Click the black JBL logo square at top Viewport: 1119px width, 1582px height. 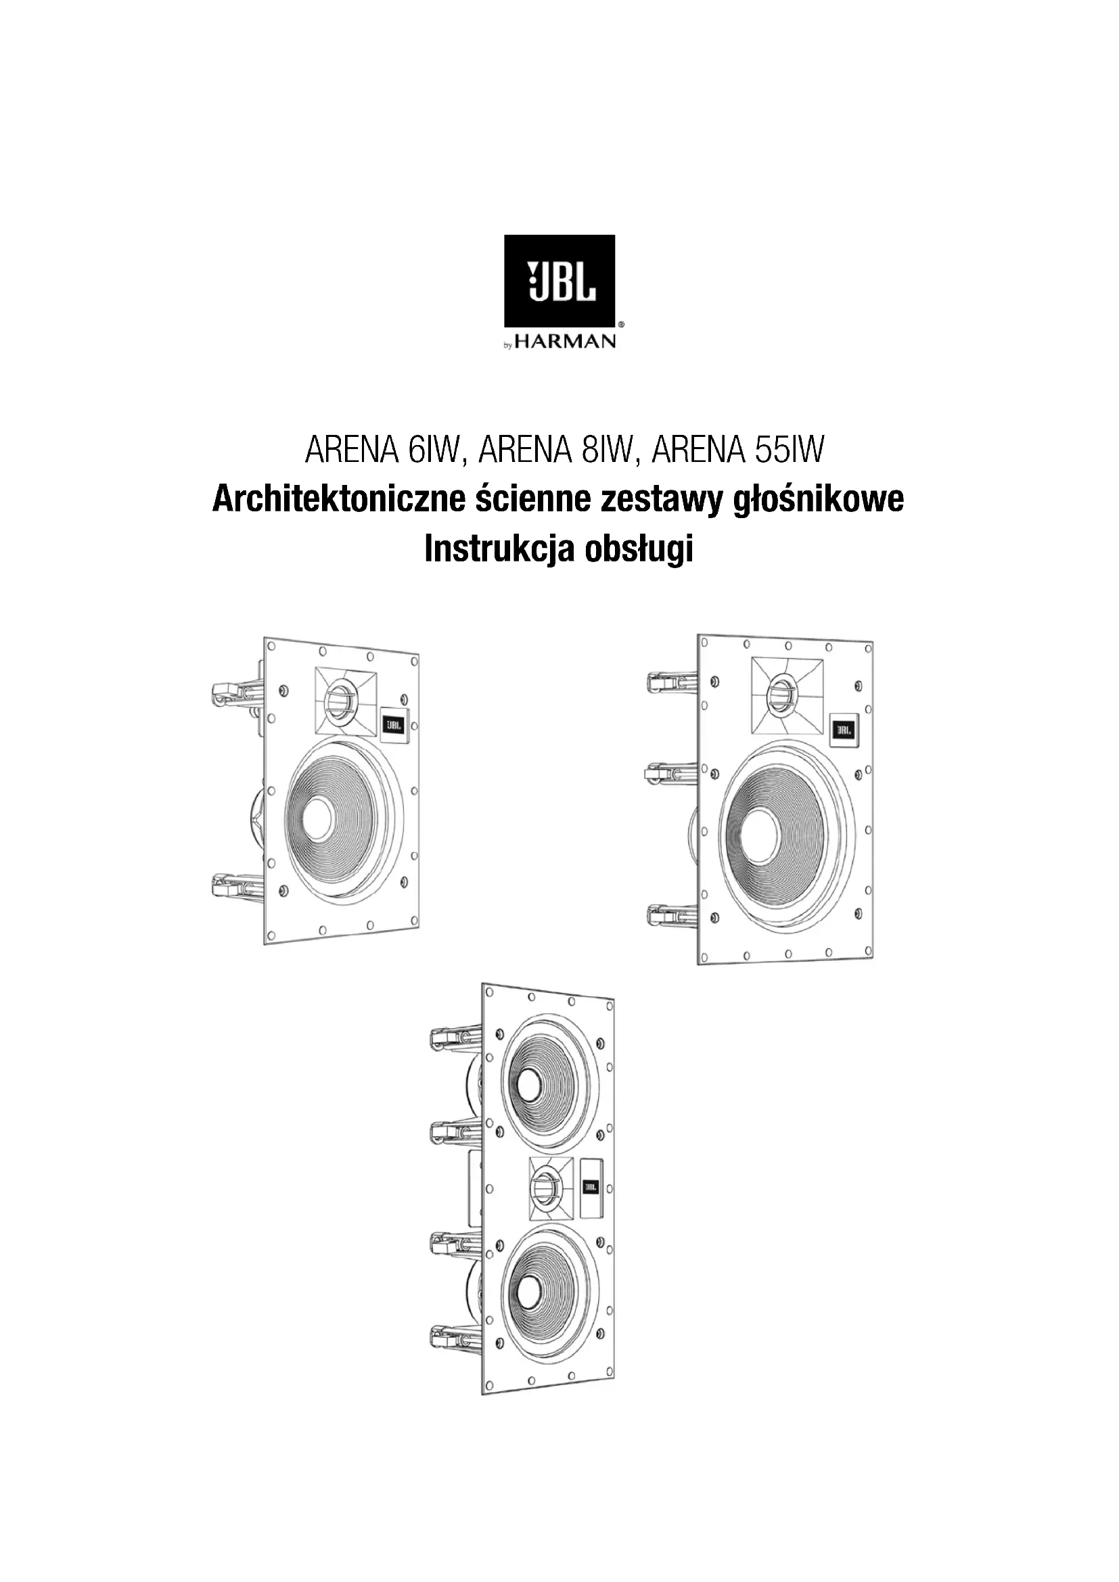tap(559, 281)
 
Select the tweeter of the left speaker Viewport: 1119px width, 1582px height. tap(339, 701)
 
